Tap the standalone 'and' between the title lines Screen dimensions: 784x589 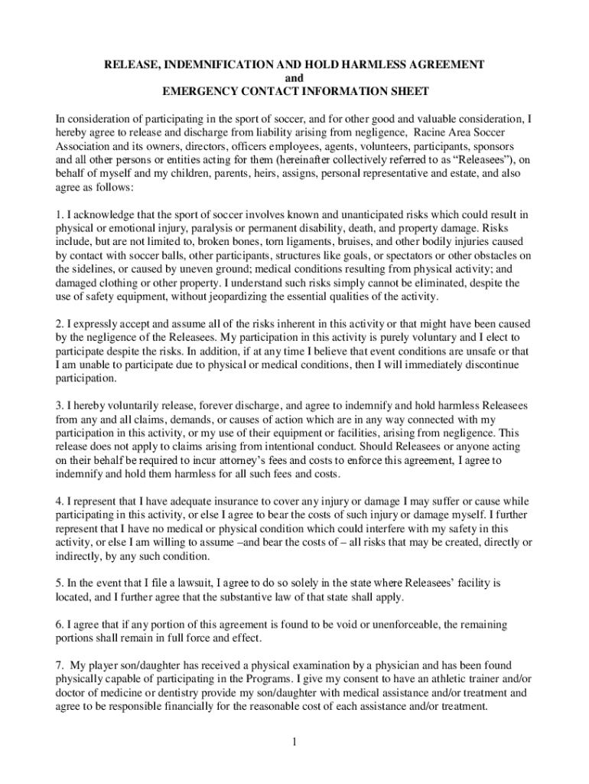pos(294,77)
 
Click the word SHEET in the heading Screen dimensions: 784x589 pos(405,91)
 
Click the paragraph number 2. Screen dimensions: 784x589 pos(59,324)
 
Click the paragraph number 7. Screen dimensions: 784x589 pos(59,666)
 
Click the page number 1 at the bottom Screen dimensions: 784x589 pos(294,742)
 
